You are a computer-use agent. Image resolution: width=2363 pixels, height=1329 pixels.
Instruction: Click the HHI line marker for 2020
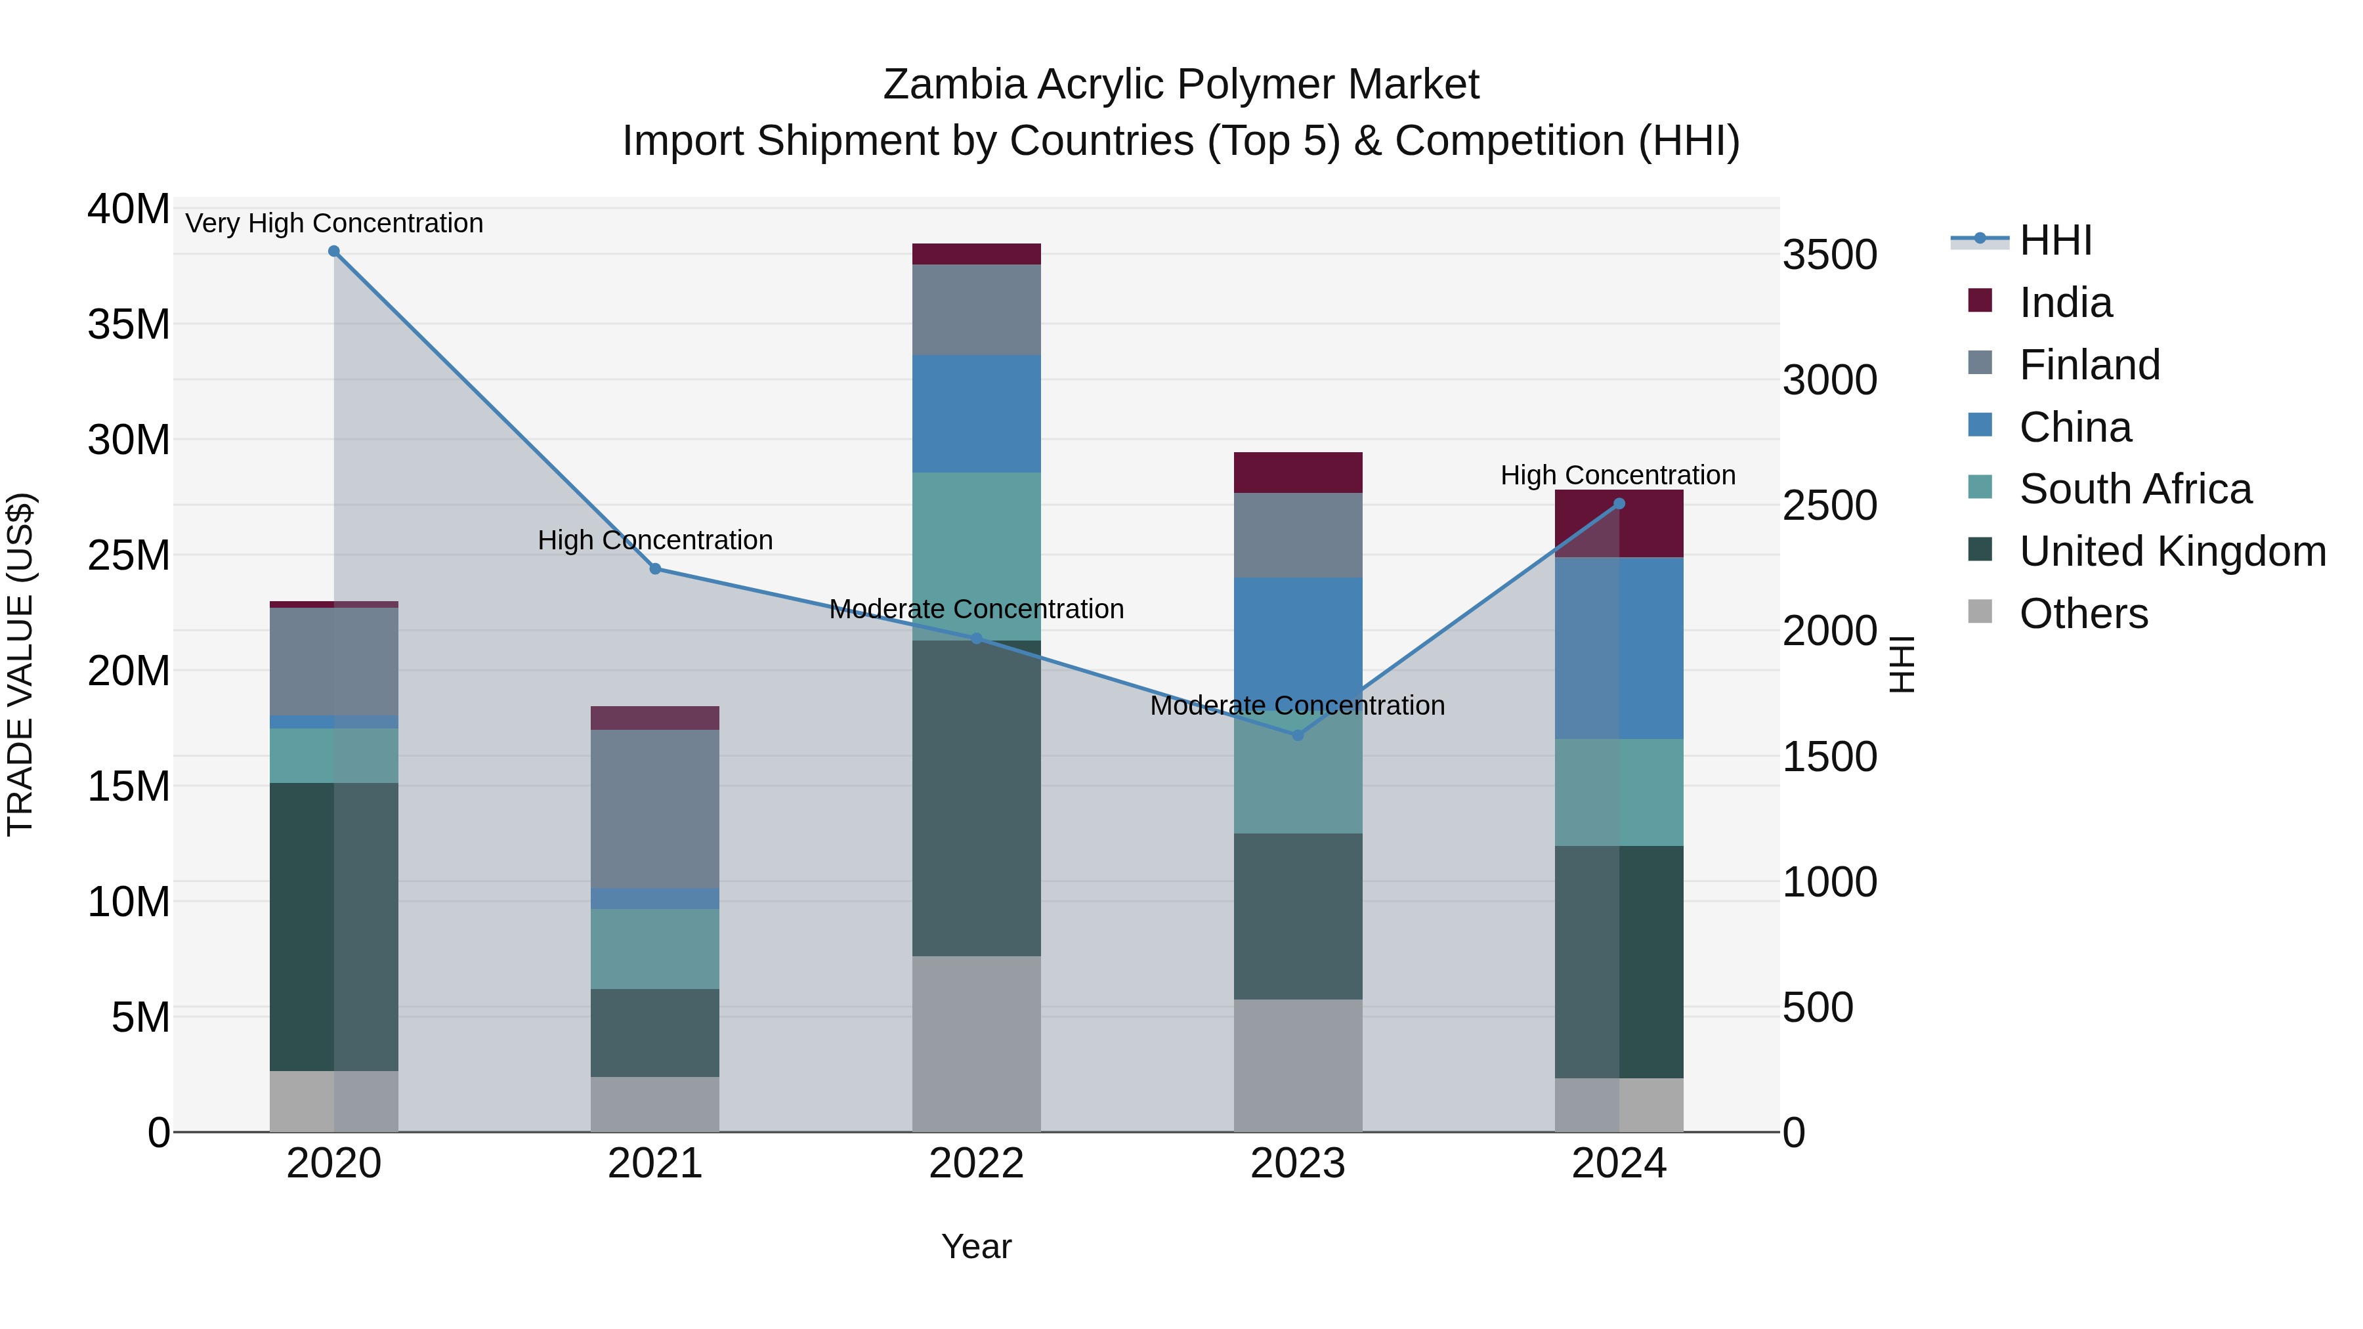[x=334, y=251]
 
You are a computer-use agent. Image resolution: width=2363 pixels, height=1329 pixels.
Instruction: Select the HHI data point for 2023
[x=1297, y=734]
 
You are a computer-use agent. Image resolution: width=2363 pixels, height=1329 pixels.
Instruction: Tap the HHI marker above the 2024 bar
[x=1619, y=503]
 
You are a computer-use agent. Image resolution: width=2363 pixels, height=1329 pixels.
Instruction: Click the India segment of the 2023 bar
[x=1297, y=473]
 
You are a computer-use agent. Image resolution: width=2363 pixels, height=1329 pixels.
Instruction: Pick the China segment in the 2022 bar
[x=976, y=413]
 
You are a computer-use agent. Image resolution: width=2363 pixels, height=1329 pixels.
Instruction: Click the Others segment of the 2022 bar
[x=976, y=1044]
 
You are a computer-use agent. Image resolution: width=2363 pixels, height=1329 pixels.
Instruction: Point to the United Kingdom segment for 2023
[x=1297, y=916]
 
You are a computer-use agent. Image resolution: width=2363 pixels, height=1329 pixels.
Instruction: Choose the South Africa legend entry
[x=2135, y=489]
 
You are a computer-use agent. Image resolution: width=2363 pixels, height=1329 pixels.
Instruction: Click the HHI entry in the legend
[x=2054, y=240]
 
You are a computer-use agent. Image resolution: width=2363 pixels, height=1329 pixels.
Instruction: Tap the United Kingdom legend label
[x=2171, y=551]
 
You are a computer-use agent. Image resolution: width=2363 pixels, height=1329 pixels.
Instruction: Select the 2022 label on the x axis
[x=976, y=1164]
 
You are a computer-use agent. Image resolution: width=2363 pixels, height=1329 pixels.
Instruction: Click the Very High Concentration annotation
[x=334, y=223]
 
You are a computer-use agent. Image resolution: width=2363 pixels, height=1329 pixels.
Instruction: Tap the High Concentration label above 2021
[x=655, y=540]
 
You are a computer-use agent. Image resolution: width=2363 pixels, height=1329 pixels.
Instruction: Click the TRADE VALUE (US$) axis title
[x=20, y=664]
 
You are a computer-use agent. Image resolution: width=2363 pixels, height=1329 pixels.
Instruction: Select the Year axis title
[x=976, y=1246]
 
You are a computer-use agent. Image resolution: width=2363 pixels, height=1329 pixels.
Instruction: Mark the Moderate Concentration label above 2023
[x=1297, y=706]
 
